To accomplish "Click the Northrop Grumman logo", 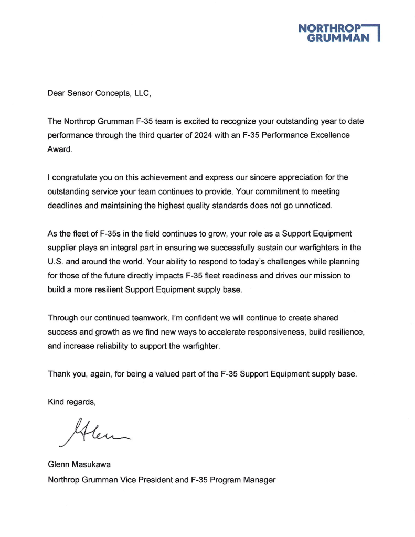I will [338, 33].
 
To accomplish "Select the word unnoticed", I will [314, 206].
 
